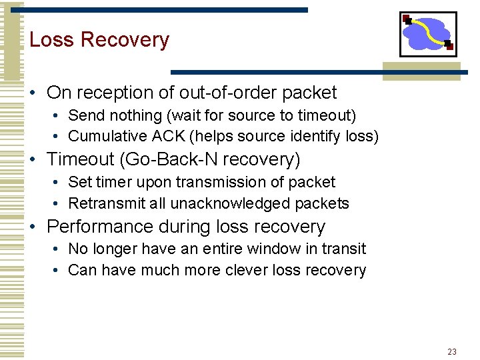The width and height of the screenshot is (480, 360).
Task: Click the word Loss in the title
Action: pos(52,40)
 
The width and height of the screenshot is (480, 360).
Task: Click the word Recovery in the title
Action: pos(125,40)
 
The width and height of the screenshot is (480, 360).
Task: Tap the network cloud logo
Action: pos(427,34)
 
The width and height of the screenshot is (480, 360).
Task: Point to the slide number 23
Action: pos(452,351)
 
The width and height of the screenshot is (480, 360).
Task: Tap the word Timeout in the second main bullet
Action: pos(81,160)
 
